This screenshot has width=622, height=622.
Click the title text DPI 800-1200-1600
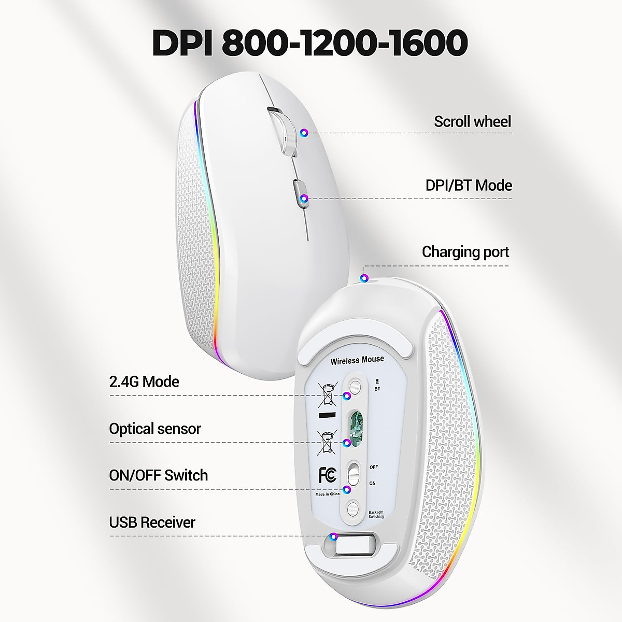click(x=310, y=43)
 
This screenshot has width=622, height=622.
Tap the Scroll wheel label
click(x=472, y=122)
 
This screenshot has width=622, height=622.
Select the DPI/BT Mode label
click(x=469, y=186)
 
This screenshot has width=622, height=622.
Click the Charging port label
click(x=465, y=252)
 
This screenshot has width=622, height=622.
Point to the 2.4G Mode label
click(x=144, y=382)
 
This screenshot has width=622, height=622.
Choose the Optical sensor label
click(x=154, y=429)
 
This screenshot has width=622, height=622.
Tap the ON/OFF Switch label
click(x=158, y=475)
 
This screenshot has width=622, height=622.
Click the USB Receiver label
click(x=152, y=522)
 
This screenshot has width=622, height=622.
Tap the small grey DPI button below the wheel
click(x=300, y=193)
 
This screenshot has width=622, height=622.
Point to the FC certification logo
click(x=328, y=475)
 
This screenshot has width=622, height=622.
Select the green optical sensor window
click(x=355, y=428)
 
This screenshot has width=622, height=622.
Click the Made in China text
click(x=328, y=494)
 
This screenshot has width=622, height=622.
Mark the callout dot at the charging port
click(x=365, y=278)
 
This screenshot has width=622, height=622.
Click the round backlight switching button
click(x=354, y=508)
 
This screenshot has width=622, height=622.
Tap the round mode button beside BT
click(x=356, y=387)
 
